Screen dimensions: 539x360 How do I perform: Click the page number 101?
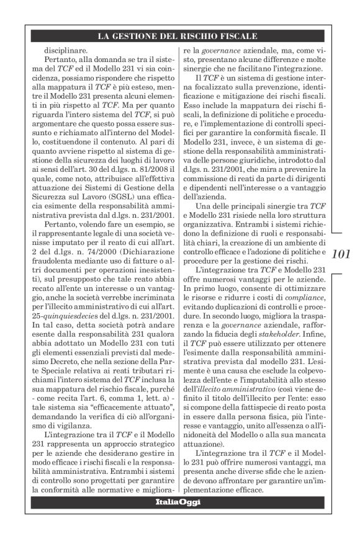click(341, 254)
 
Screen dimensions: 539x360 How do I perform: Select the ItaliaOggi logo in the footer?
click(178, 501)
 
